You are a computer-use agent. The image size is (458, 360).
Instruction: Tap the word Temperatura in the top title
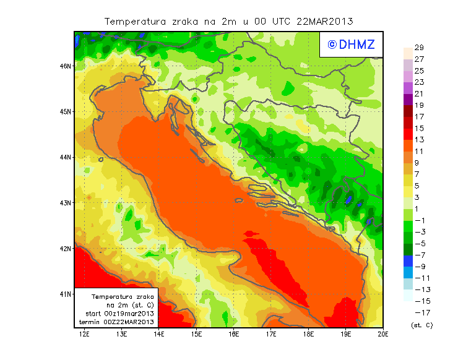136,21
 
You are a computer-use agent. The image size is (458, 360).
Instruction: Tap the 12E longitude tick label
85,334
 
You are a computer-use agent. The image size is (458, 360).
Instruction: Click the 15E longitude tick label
197,334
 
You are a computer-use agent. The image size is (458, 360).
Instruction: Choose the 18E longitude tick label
308,334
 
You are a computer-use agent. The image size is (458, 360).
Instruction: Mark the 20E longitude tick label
383,334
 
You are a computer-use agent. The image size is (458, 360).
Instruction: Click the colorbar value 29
419,48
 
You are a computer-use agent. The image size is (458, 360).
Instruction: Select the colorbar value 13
419,139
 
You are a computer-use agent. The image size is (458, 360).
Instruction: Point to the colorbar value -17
419,312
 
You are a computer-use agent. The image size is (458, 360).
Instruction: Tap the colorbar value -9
419,267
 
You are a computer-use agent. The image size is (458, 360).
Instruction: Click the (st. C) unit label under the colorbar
421,325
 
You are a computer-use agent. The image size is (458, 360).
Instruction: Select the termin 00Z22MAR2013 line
117,322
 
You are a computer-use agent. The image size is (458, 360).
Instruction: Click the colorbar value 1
419,208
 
